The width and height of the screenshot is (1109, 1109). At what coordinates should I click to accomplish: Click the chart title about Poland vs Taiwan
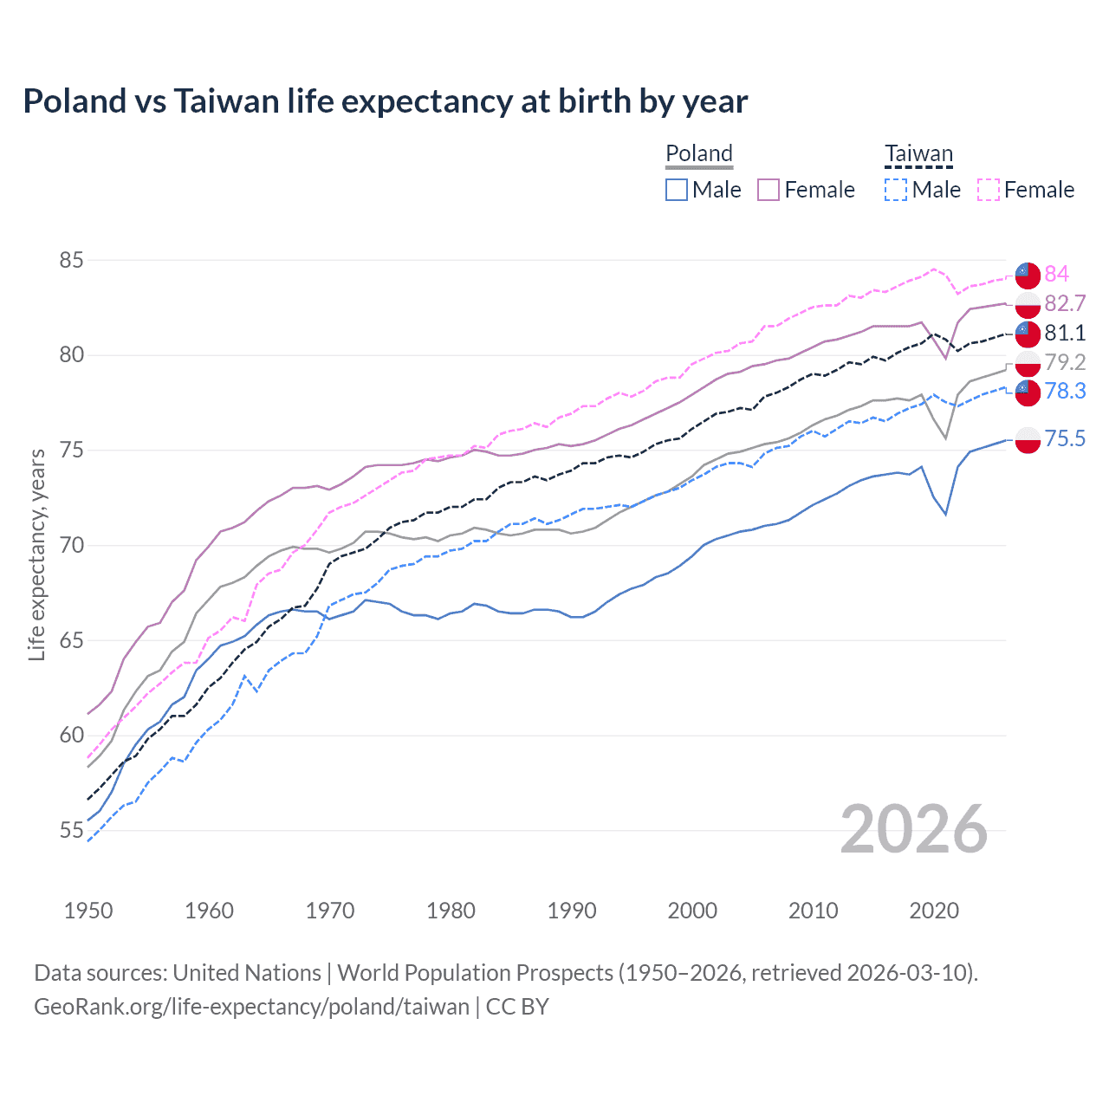coord(385,101)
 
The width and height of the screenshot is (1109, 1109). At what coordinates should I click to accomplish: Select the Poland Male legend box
coord(677,190)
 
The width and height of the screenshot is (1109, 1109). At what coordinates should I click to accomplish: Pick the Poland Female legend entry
coord(806,190)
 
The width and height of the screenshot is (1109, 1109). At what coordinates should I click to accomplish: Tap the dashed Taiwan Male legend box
coord(896,190)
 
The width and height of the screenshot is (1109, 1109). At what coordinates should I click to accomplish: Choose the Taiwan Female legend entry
coord(1026,190)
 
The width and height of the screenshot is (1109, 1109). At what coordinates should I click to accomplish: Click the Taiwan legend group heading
coord(918,154)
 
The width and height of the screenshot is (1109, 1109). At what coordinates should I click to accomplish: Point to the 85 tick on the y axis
coord(72,260)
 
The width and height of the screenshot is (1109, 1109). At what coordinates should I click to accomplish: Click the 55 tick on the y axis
coord(72,830)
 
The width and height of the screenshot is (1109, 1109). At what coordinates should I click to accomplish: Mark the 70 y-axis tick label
coord(72,545)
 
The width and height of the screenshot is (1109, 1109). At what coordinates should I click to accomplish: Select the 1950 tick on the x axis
coord(88,911)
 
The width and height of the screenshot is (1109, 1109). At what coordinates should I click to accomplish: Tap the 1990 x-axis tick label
coord(572,911)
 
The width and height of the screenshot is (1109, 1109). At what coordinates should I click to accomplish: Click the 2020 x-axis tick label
coord(934,911)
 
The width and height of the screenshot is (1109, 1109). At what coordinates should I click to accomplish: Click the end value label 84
coord(1056,274)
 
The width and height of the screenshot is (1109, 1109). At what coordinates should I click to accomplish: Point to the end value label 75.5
coord(1064,438)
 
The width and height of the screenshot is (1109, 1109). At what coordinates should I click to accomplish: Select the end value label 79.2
coord(1064,362)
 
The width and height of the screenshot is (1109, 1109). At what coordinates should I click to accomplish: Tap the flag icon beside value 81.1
coord(1028,333)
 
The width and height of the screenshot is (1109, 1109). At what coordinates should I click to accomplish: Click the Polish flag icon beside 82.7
coord(1028,304)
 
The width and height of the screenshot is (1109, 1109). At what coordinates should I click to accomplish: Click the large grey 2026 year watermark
coord(913,829)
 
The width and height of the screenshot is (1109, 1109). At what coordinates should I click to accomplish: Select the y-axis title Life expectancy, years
coord(37,554)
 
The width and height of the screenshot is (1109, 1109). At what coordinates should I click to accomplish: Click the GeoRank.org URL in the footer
coord(251,1007)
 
